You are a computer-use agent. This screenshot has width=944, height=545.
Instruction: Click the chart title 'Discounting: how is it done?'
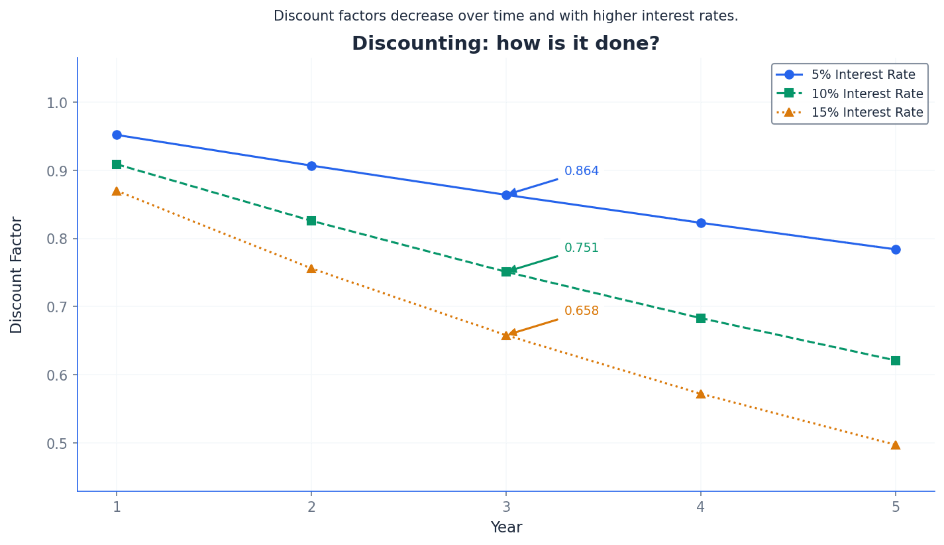[x=505, y=44]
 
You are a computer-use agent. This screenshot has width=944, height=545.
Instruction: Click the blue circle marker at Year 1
[x=117, y=135]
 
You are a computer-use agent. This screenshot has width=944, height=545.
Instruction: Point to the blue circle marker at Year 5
[x=896, y=249]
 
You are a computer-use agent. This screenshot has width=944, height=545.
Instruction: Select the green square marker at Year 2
[x=311, y=221]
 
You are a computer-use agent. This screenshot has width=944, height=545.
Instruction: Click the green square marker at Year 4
[x=701, y=318]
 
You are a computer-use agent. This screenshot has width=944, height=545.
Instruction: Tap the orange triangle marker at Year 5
[x=896, y=445]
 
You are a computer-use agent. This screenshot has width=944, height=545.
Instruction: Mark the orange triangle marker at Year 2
[x=311, y=269]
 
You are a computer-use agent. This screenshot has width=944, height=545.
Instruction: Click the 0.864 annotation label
[x=581, y=171]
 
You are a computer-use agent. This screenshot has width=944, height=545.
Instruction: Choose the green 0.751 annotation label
[x=581, y=248]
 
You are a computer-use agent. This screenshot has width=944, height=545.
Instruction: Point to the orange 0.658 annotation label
[x=581, y=311]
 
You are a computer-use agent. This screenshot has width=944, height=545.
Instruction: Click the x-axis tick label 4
[x=701, y=507]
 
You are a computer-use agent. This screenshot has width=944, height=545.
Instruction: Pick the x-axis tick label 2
[x=311, y=507]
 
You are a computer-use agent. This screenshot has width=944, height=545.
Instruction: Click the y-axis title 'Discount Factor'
[x=17, y=274]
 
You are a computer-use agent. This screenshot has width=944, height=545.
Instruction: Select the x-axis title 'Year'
[x=506, y=528]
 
